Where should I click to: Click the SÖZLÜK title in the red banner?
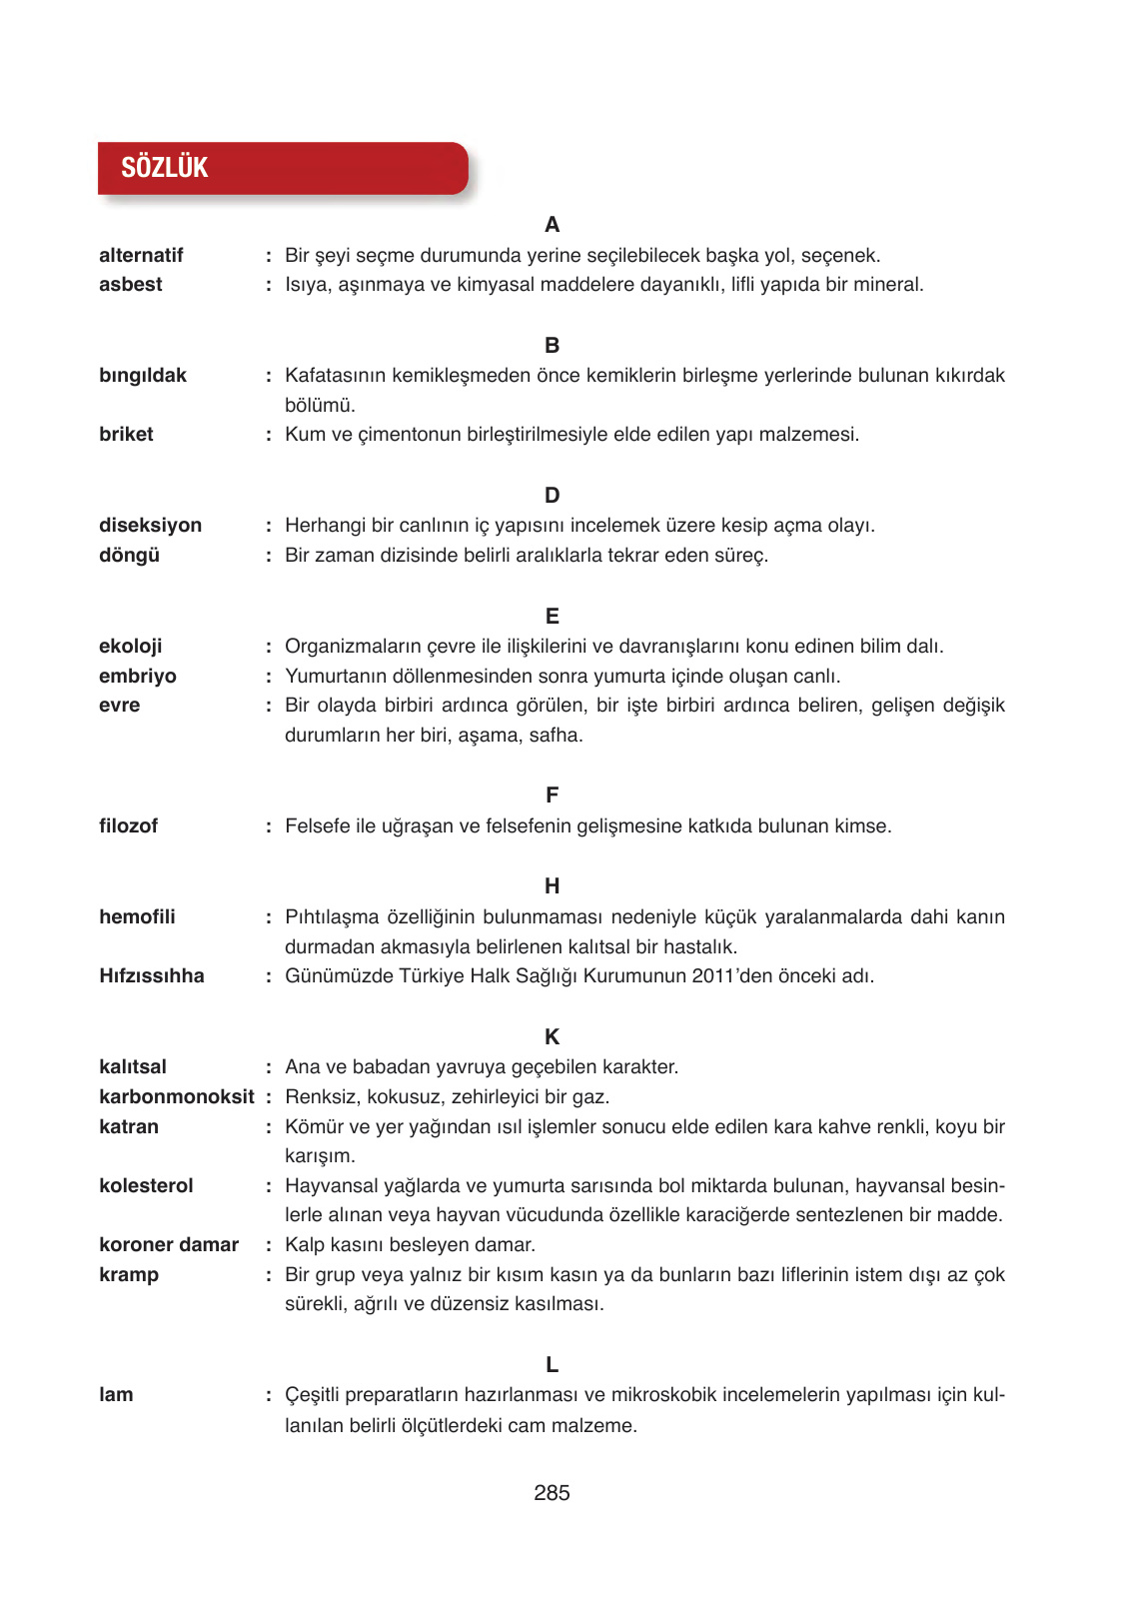(165, 168)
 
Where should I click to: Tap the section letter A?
(552, 225)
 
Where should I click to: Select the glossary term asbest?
(131, 285)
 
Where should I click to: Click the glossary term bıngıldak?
(143, 376)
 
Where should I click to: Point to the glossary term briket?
(126, 435)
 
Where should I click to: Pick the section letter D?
(552, 496)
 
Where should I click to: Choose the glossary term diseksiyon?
(150, 526)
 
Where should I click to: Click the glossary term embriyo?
(138, 677)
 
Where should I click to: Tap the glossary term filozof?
(128, 826)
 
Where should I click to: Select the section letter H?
(552, 886)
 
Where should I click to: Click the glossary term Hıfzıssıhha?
(152, 976)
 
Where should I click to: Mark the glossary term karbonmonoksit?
(177, 1097)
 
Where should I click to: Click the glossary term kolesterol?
(146, 1186)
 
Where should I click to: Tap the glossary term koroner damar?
(169, 1245)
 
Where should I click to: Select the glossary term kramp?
(129, 1275)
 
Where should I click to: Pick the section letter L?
(552, 1365)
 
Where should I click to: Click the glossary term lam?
(116, 1395)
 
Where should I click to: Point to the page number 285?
(552, 1493)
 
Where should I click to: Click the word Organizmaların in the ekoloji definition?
(347, 647)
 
